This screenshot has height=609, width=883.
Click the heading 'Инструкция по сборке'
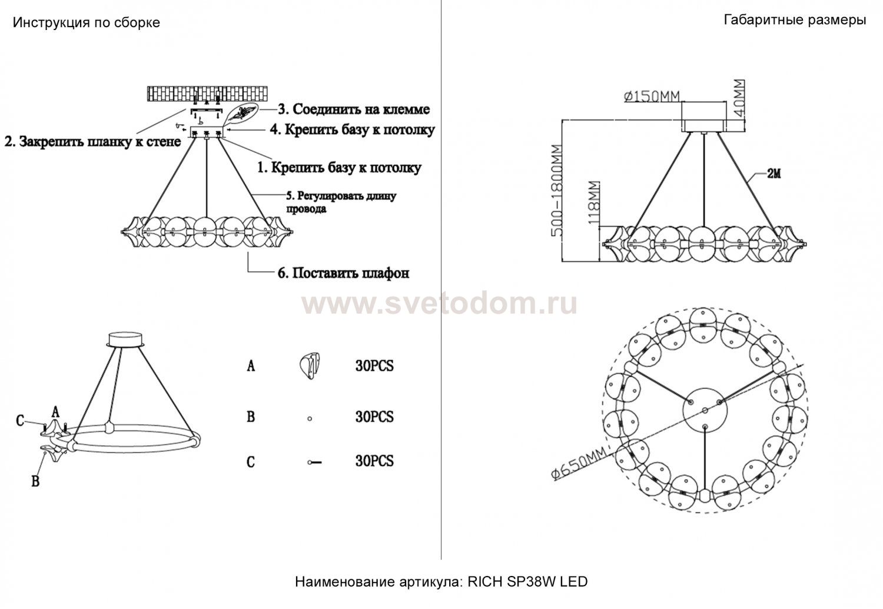point(87,22)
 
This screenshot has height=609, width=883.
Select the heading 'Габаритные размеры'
point(795,19)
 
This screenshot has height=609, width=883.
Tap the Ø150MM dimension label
point(652,96)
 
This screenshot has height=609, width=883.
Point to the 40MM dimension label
point(739,98)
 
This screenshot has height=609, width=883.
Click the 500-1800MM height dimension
point(557,191)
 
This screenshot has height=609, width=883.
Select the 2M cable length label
point(774,174)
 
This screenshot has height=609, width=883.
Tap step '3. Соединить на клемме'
point(354,109)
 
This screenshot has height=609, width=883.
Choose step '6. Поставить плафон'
point(343,272)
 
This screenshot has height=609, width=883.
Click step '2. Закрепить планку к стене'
point(92,141)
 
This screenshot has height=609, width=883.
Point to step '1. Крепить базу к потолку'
point(340,168)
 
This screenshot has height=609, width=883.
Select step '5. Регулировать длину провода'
point(341,202)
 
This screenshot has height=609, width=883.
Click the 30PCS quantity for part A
point(374,366)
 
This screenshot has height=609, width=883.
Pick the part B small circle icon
point(310,419)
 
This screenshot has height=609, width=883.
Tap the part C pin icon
point(314,462)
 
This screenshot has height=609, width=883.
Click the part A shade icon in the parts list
point(310,366)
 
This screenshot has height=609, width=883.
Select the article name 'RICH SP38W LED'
point(527,582)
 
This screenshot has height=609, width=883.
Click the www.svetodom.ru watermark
point(439,304)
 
